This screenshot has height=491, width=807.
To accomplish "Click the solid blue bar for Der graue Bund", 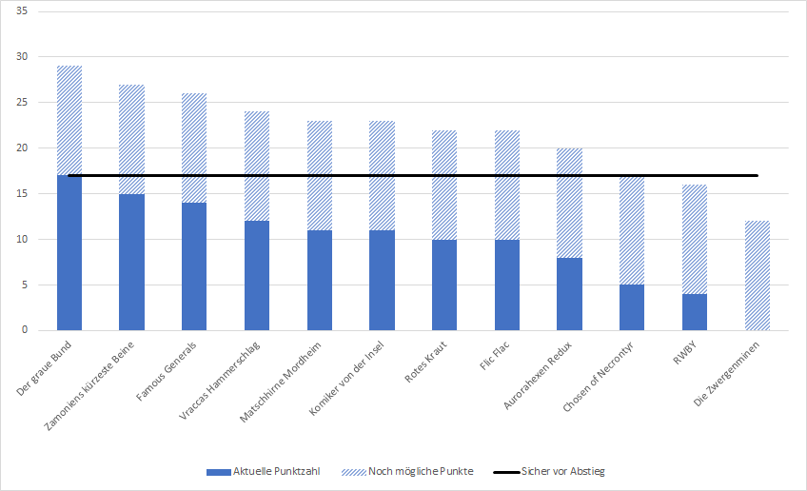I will click(69, 252).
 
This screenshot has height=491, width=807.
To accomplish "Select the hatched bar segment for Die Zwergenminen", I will click(757, 276).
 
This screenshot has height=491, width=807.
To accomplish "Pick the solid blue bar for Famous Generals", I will click(194, 266).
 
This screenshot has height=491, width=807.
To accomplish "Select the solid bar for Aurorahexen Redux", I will click(569, 293).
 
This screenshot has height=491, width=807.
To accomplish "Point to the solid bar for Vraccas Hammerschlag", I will click(257, 276).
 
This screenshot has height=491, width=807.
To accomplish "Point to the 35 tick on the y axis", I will click(21, 11).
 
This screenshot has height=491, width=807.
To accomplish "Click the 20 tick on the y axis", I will click(21, 148).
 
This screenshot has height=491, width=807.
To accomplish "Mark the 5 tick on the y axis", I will click(24, 285).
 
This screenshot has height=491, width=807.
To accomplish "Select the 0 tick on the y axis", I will click(24, 330).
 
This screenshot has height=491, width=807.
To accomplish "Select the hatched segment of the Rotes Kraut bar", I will click(444, 186).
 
